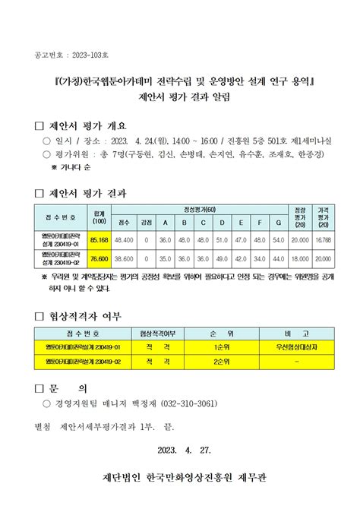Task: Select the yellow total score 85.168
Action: pyautogui.click(x=99, y=239)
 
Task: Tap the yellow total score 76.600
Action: pyautogui.click(x=99, y=258)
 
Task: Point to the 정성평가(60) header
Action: pyautogui.click(x=201, y=208)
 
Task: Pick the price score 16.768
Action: pyautogui.click(x=323, y=239)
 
